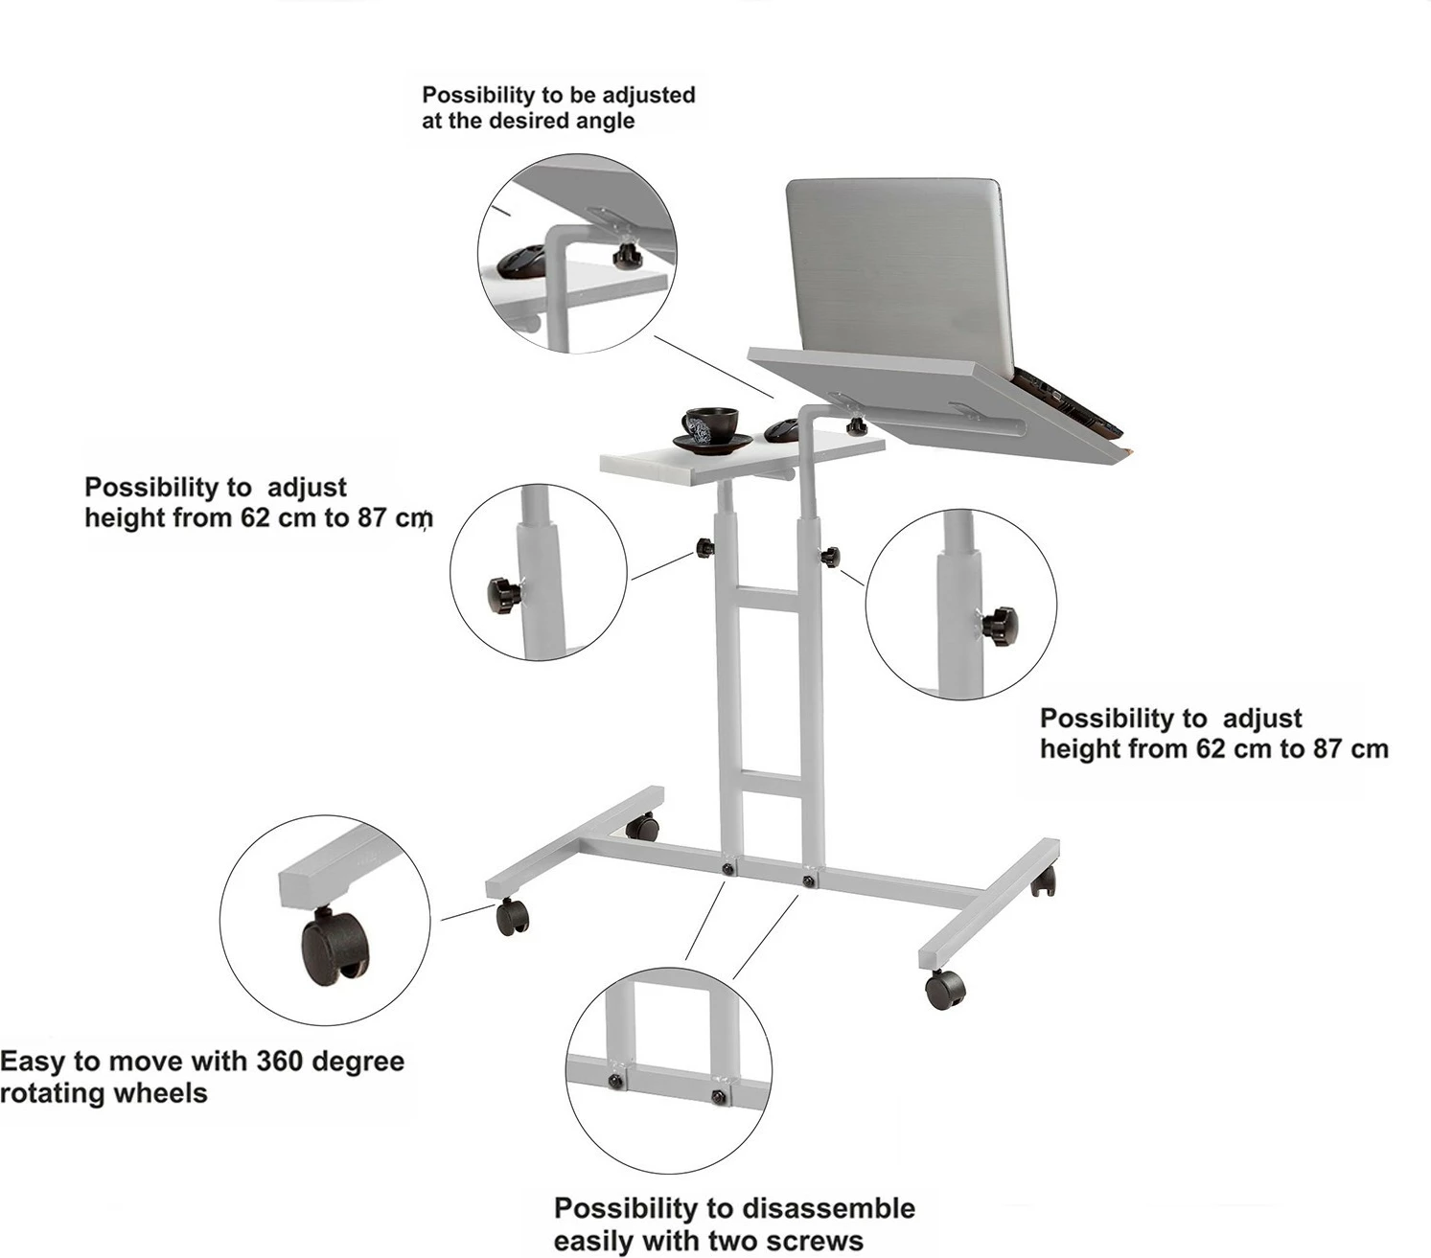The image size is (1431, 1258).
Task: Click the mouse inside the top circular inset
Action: pos(521,262)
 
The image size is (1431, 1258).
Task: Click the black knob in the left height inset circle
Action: pos(503,594)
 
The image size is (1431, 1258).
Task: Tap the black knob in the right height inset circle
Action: pos(999,626)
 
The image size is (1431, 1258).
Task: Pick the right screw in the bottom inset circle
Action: pos(718,1096)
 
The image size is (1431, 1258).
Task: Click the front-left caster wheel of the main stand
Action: pos(512,917)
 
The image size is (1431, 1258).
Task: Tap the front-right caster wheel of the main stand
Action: pos(944,989)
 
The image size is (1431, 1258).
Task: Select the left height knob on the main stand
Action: pos(704,548)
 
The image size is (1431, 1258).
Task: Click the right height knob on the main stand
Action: pos(831,557)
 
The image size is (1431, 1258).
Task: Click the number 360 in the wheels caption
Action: pos(280,1061)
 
